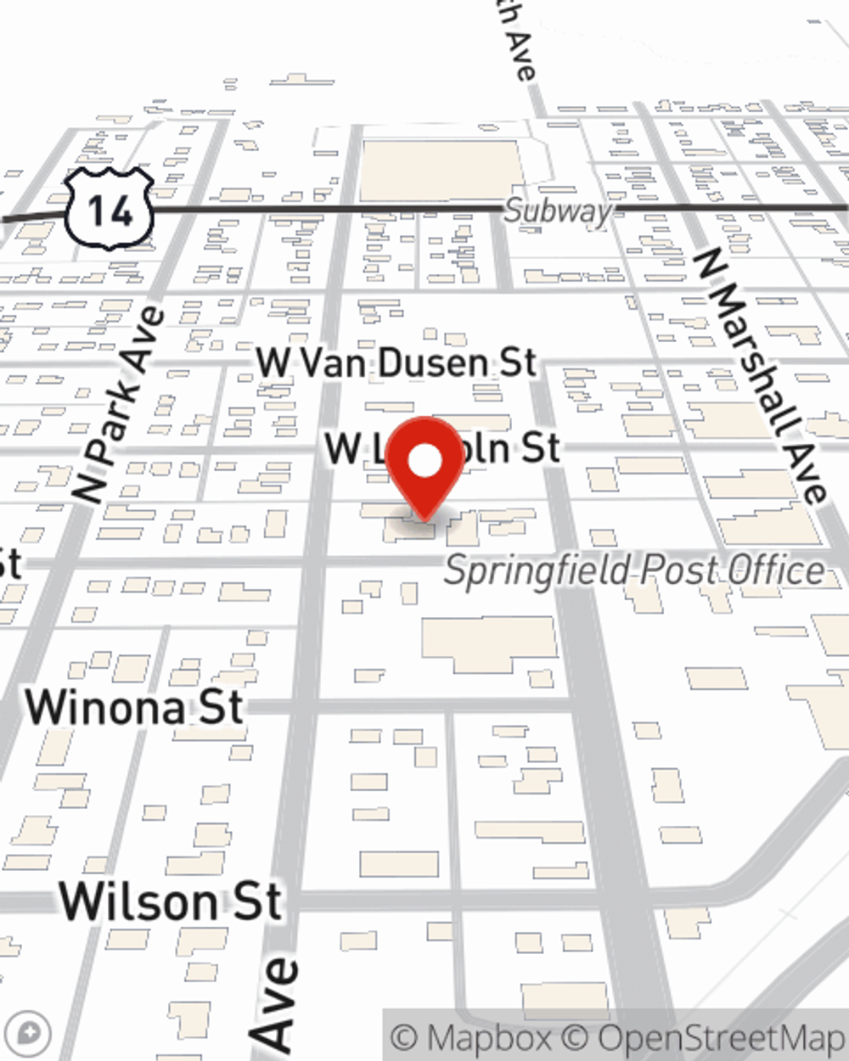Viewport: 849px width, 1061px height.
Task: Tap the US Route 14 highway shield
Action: [110, 209]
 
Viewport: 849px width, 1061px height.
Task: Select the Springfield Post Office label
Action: [634, 570]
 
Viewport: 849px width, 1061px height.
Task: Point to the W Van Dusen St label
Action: [396, 363]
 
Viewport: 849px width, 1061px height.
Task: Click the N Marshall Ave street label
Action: [761, 374]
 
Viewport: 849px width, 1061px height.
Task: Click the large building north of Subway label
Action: [440, 171]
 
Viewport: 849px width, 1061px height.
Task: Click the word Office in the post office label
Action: [772, 570]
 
